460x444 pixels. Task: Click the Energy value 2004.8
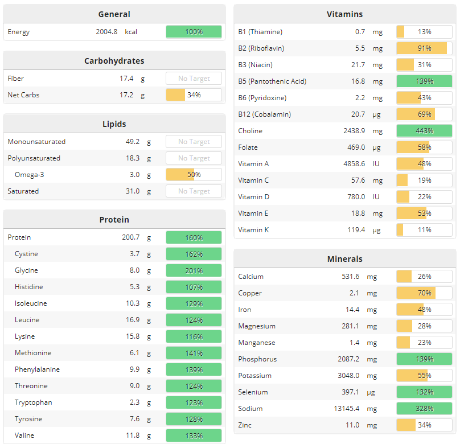tap(106, 32)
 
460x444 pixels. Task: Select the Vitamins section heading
tap(344, 14)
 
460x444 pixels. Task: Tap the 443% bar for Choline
tap(424, 131)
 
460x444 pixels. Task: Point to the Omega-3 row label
tap(29, 175)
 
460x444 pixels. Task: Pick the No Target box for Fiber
tap(194, 79)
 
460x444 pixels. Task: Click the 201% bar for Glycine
tap(194, 270)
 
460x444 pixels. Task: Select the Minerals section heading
tap(344, 259)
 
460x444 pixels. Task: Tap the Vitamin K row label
tap(254, 230)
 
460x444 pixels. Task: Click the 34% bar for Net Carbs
tap(194, 95)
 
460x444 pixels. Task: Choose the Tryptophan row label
tap(33, 402)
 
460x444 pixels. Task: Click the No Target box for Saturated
tap(194, 191)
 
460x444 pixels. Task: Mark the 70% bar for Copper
tap(424, 293)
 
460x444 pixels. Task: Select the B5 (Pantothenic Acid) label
tap(272, 81)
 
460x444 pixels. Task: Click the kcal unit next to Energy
tap(131, 32)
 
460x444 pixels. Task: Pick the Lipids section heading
tap(114, 124)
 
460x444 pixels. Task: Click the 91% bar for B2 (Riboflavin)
tap(424, 48)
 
